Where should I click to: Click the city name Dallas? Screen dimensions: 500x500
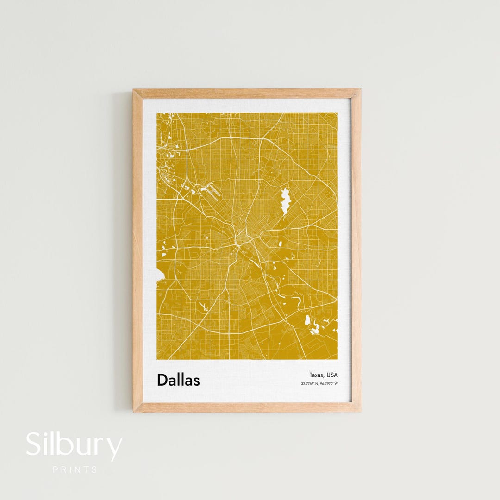click(178, 380)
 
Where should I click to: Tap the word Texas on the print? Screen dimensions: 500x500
click(318, 375)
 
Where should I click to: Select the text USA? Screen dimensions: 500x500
click(332, 375)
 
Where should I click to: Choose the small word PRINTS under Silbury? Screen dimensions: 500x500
click(75, 469)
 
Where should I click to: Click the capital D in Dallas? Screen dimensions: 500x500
click(162, 380)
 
